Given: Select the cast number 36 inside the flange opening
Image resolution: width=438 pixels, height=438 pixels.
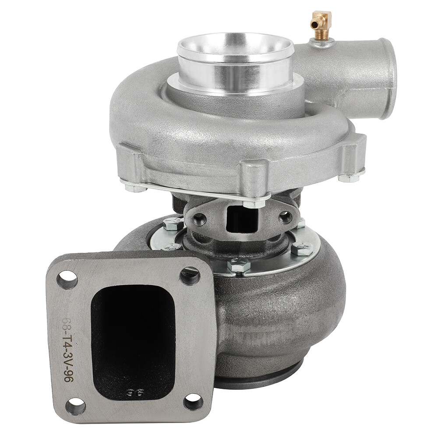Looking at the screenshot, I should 131,392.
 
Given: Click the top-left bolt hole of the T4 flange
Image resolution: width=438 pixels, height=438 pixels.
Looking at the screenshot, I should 67,279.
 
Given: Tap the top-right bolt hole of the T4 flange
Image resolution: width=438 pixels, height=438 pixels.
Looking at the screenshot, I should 190,276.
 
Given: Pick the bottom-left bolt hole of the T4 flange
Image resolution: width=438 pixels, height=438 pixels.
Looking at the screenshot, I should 75,406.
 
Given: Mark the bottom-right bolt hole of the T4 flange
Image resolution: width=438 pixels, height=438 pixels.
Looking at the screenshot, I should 193,402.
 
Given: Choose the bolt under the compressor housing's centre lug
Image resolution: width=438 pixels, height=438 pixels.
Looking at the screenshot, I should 254,203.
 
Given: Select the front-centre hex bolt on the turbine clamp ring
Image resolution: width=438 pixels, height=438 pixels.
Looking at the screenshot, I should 239,265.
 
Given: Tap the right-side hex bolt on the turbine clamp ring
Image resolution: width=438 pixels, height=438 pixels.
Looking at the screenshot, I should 302,249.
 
